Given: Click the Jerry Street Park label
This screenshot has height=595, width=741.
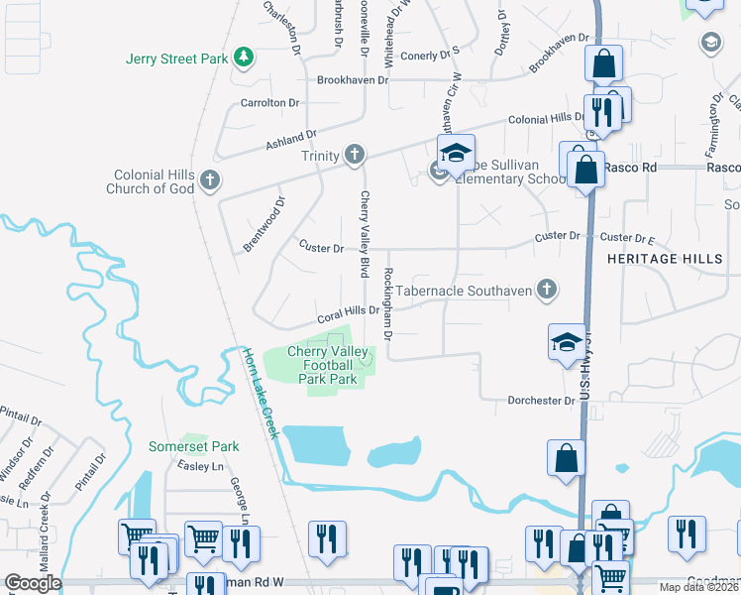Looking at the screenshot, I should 177,59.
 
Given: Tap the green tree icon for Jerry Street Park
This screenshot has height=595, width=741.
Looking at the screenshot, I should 244,59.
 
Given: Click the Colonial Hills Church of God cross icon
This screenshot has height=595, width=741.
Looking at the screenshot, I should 209,180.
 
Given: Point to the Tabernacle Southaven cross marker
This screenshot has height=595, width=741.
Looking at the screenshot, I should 545,290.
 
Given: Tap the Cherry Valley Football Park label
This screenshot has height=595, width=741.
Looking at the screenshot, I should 327,365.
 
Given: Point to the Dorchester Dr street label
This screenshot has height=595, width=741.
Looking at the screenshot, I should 541,401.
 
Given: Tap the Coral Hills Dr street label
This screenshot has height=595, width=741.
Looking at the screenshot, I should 348,314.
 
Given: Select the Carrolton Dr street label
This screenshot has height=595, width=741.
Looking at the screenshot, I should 269,102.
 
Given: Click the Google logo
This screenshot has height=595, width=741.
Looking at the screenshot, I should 32,583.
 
